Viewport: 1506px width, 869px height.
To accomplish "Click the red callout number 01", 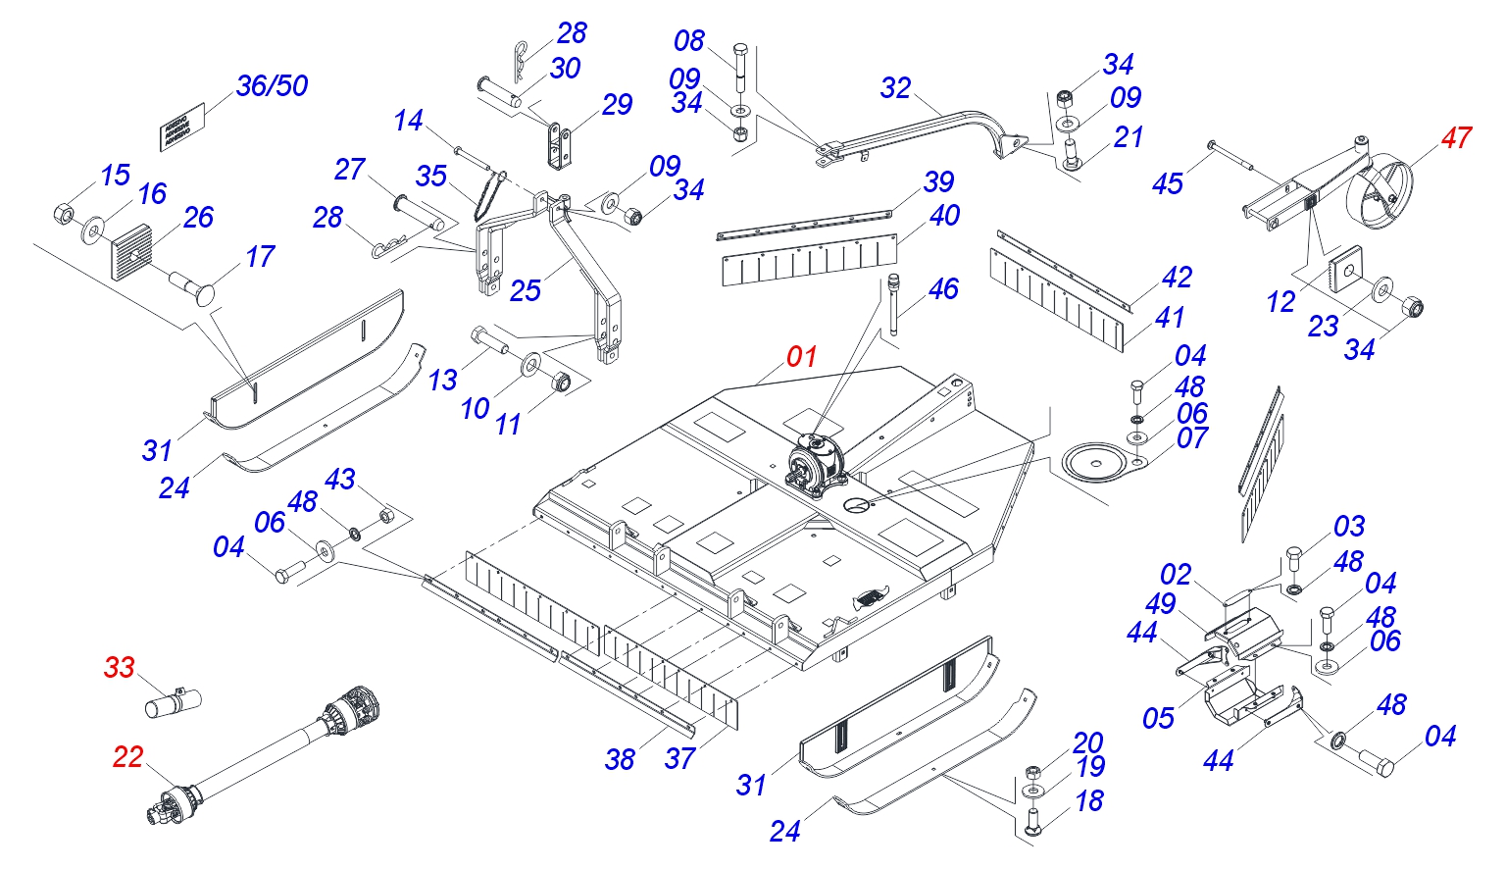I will (x=802, y=356).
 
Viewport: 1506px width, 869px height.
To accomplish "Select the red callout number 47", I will (x=1456, y=138).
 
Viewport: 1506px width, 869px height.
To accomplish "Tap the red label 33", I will (x=119, y=668).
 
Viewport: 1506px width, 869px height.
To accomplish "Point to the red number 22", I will (x=127, y=757).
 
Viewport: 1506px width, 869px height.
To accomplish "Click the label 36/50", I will (x=272, y=86).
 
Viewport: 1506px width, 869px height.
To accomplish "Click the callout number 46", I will (x=943, y=289).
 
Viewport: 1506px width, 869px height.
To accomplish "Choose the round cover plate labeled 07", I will (x=1096, y=462).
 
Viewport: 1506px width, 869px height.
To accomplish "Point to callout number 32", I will (x=895, y=88).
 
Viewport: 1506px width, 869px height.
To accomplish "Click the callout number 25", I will (x=526, y=290).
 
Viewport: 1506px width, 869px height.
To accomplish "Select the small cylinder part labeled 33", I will (x=173, y=702).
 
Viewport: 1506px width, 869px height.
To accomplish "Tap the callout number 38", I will (x=620, y=759).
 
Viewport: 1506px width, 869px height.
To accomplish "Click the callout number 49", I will (x=1160, y=604).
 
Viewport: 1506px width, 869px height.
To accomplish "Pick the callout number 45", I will (x=1167, y=183).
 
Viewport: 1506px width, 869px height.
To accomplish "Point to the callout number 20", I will (x=1088, y=742).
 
